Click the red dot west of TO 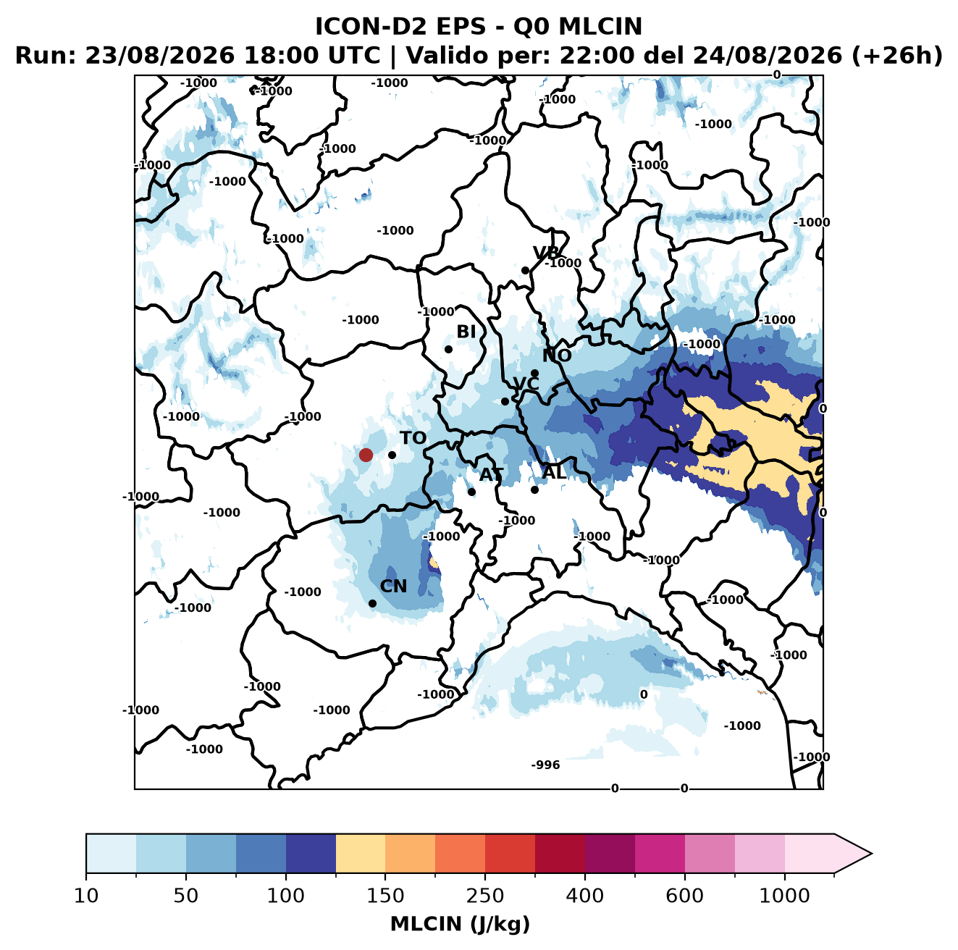[366, 455]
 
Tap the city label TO [413, 438]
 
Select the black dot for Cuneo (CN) [372, 603]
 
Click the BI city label [466, 332]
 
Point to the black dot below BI [448, 349]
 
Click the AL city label [553, 472]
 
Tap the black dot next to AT [471, 492]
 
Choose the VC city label [526, 383]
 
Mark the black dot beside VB [525, 270]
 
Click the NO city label [556, 356]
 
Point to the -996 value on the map [545, 765]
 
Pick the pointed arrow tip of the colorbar [871, 854]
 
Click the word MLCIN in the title [600, 26]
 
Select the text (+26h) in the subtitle [896, 56]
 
